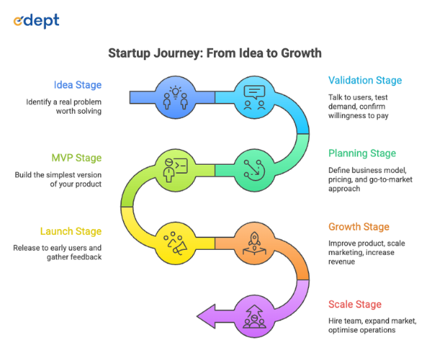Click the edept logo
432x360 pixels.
(x=37, y=21)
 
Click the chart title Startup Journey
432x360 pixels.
(x=215, y=53)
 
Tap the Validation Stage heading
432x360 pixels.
(x=365, y=80)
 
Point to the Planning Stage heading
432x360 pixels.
(x=362, y=153)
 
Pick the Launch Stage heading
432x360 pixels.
(x=71, y=231)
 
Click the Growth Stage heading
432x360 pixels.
(x=359, y=227)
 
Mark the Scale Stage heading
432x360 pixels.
(x=355, y=304)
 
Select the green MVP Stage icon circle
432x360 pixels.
(x=176, y=171)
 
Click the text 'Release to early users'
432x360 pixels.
(x=58, y=248)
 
